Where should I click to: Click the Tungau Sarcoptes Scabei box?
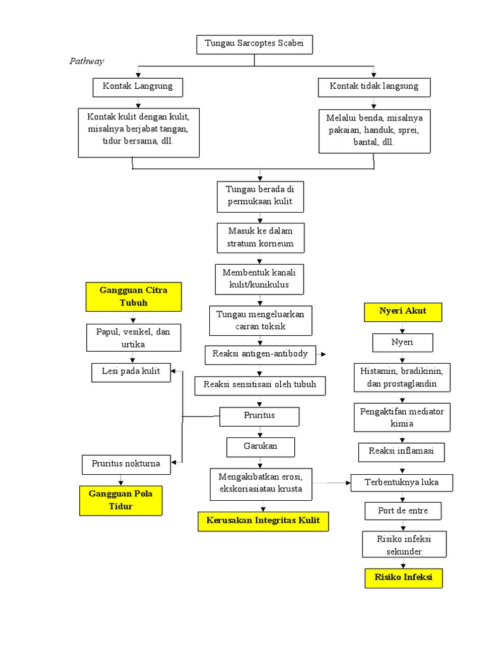click(x=254, y=44)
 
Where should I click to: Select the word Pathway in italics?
click(x=86, y=61)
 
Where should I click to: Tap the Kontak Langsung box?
click(x=137, y=86)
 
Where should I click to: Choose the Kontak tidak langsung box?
click(x=373, y=86)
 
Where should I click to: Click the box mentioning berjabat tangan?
click(x=138, y=133)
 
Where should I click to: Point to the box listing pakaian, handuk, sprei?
click(x=374, y=130)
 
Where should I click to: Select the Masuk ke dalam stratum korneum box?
click(x=260, y=237)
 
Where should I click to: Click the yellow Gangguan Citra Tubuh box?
click(x=133, y=296)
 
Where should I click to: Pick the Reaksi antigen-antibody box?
click(x=261, y=354)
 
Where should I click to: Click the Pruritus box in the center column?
click(x=259, y=416)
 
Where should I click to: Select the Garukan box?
click(x=260, y=446)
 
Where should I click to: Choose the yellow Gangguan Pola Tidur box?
click(x=120, y=500)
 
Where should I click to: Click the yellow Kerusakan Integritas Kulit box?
click(x=263, y=521)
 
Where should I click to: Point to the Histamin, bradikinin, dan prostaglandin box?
click(x=403, y=377)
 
